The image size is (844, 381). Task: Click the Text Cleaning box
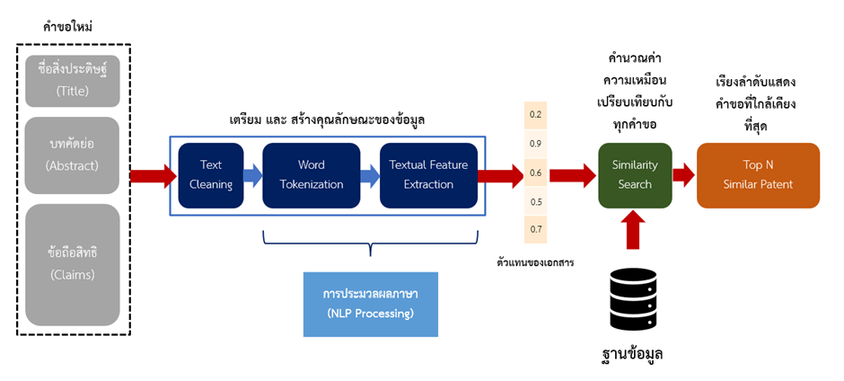click(211, 175)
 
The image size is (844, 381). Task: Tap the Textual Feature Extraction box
click(428, 175)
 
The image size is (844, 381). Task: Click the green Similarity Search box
click(635, 175)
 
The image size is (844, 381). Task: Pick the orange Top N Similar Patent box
click(758, 175)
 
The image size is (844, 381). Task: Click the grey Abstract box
click(72, 155)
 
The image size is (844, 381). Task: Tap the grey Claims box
click(72, 264)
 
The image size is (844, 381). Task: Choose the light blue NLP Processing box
click(370, 304)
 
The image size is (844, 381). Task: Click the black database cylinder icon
click(635, 297)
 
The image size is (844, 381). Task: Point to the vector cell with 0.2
click(536, 115)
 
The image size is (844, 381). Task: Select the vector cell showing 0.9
click(536, 144)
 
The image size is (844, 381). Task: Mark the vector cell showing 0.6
click(536, 173)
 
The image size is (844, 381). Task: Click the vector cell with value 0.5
click(536, 201)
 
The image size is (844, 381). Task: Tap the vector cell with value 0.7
click(536, 230)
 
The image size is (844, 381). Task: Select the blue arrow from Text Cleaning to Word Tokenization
click(253, 175)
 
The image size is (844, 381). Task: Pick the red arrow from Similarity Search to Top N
click(684, 175)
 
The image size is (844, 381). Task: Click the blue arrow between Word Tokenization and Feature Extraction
click(369, 175)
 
